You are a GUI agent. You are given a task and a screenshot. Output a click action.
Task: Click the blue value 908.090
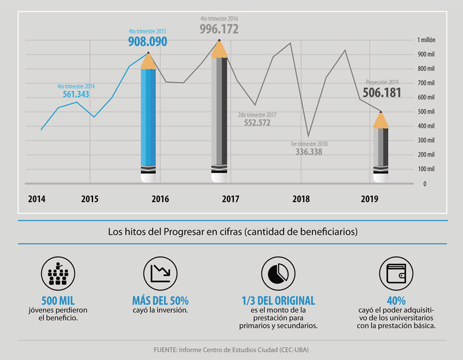tap(148, 41)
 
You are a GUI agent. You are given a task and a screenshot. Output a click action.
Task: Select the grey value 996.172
tap(219, 29)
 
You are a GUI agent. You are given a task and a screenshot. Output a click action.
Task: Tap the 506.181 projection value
tap(382, 93)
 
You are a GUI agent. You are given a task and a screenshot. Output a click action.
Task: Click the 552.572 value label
tap(257, 123)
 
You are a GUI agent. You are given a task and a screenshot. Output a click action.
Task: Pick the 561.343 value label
tap(76, 94)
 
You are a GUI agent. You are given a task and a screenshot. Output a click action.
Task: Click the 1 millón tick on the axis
tap(426, 40)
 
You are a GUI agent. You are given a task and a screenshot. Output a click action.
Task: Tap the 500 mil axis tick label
tap(426, 112)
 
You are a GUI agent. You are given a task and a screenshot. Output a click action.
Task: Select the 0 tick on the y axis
tap(425, 184)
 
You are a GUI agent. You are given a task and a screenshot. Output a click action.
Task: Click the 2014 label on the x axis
tap(37, 199)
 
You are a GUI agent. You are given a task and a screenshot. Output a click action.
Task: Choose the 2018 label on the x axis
tap(301, 199)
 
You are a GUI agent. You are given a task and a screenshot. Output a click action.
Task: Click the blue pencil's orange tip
tap(148, 61)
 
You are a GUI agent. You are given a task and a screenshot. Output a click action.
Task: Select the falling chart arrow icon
tap(160, 273)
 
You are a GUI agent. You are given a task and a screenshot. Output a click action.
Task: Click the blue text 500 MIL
tap(58, 301)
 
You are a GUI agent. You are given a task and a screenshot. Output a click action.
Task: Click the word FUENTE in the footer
tap(164, 350)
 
